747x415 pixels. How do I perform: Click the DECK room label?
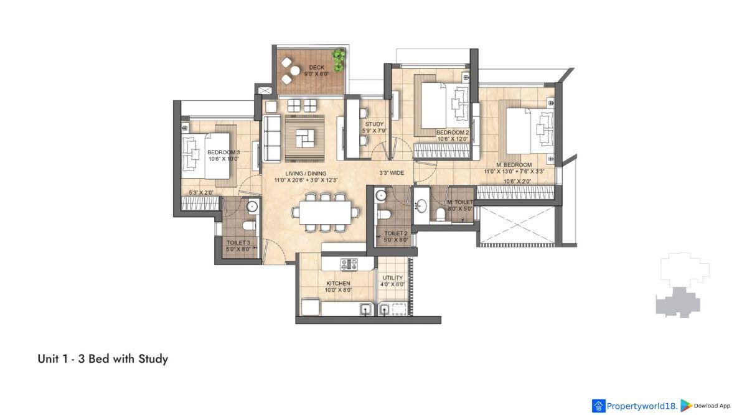(x=316, y=67)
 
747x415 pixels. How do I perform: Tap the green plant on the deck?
(x=339, y=60)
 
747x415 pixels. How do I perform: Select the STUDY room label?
(x=375, y=124)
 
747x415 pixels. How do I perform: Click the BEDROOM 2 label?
(x=453, y=133)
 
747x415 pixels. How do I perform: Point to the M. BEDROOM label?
(x=514, y=165)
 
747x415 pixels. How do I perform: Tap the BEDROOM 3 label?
(x=223, y=152)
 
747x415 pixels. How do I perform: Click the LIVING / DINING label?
(x=306, y=174)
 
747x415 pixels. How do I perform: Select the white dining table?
(x=325, y=212)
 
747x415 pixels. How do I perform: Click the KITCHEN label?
(x=338, y=283)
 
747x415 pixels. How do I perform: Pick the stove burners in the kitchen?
(x=349, y=264)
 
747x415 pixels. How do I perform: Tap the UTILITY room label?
(x=393, y=277)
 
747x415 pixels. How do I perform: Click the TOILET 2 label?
(x=396, y=233)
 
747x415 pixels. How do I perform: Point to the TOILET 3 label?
(x=238, y=243)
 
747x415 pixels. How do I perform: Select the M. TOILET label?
(x=460, y=202)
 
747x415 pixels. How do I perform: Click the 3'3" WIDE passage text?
(x=392, y=173)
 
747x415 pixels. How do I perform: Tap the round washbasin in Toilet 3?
(x=253, y=207)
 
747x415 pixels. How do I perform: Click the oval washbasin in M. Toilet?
(x=421, y=206)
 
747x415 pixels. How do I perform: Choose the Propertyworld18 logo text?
(x=642, y=406)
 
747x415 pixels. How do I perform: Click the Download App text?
(x=712, y=406)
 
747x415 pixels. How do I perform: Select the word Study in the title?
(x=153, y=360)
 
